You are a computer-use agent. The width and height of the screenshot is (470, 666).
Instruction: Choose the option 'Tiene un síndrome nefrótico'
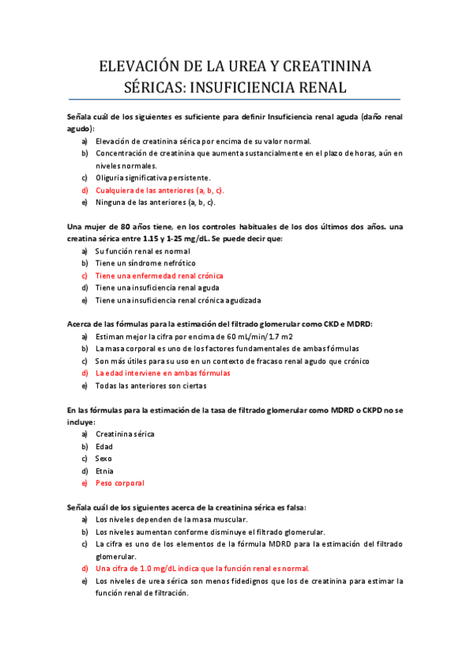pyautogui.click(x=145, y=263)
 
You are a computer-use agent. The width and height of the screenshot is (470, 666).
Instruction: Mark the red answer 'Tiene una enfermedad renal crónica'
pyautogui.click(x=159, y=276)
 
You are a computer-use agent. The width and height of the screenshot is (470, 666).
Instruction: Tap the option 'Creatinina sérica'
pyautogui.click(x=125, y=434)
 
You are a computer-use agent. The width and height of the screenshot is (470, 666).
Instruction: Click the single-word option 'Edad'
pyautogui.click(x=104, y=446)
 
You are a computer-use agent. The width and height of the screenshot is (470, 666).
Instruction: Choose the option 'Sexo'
pyautogui.click(x=104, y=458)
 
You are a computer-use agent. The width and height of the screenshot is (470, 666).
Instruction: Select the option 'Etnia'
pyautogui.click(x=104, y=470)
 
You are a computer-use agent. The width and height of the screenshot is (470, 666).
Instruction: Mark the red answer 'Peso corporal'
pyautogui.click(x=119, y=483)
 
